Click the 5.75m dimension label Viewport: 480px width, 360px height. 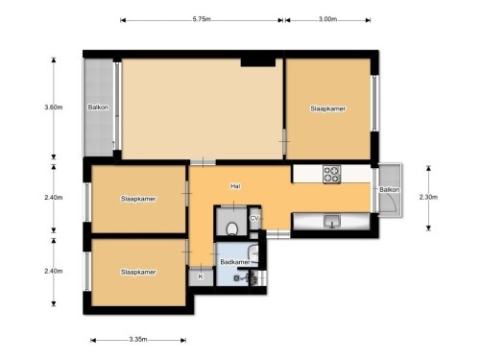202,18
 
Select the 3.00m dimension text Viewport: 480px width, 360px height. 327,18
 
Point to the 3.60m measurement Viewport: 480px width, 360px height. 53,107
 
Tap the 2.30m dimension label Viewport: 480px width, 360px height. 428,197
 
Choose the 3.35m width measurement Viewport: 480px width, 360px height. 138,339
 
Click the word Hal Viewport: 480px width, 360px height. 234,185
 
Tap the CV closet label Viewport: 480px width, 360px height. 254,219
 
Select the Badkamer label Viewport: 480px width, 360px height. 234,261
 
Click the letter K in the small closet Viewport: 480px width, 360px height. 201,276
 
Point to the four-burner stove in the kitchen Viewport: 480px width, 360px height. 331,174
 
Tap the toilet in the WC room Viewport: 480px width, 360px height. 233,228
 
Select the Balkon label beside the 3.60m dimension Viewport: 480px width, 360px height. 98,107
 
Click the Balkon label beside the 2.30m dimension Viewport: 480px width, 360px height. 388,189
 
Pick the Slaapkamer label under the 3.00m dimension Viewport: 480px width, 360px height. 328,108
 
